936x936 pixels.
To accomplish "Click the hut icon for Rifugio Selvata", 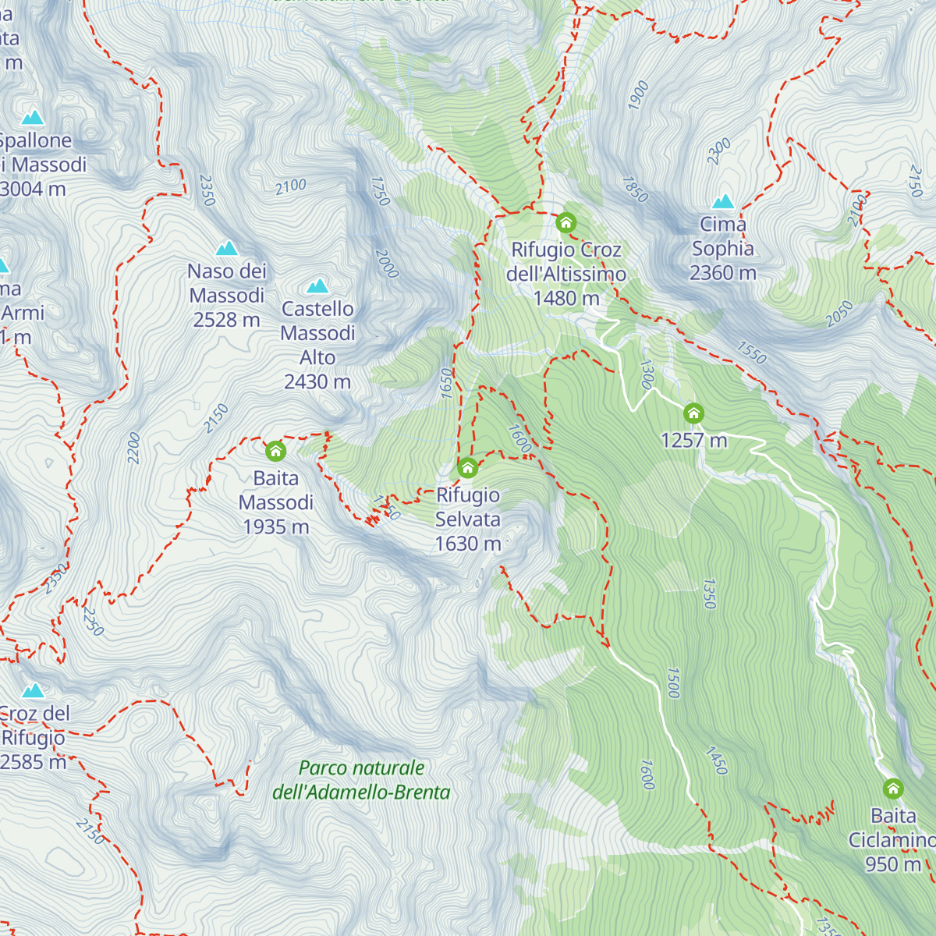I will click(467, 467).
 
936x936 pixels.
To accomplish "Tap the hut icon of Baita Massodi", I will click(275, 451).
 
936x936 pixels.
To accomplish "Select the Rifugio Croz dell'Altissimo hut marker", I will click(566, 223).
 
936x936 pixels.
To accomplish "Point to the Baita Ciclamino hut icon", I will click(893, 789).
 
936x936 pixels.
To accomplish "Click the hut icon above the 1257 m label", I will click(693, 413).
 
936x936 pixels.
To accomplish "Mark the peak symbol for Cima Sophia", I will click(723, 201).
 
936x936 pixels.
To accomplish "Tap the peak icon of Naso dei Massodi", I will click(227, 248).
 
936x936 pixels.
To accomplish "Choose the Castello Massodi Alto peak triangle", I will click(317, 286).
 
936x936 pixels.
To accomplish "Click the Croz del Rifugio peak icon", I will click(33, 690).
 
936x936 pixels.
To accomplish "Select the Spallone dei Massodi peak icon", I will click(33, 118).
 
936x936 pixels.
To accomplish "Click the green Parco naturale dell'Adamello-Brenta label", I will click(361, 780).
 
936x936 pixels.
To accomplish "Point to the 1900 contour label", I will click(638, 95).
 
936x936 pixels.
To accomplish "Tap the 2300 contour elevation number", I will click(718, 151).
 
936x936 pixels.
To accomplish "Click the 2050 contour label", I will click(839, 314).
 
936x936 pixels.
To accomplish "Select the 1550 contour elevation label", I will click(752, 353).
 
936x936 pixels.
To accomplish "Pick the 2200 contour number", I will click(134, 448).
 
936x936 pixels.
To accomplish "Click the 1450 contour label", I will click(716, 760).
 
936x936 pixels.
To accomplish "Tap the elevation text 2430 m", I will click(317, 381).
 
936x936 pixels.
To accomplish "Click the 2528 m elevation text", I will click(226, 320).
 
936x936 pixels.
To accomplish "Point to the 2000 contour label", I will click(387, 264).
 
